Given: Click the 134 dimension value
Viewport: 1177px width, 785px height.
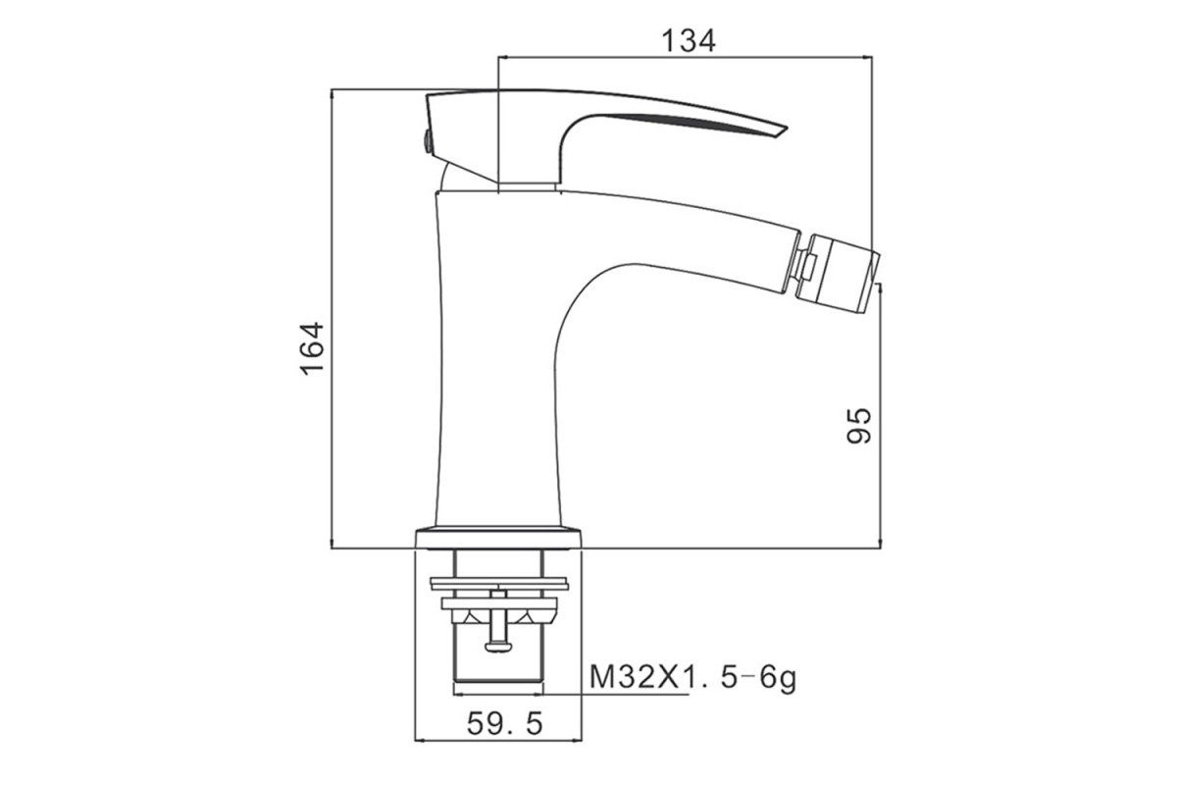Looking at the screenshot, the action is click(689, 41).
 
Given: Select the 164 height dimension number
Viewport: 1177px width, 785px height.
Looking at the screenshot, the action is click(312, 348).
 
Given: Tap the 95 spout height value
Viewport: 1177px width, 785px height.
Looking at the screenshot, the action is click(858, 425).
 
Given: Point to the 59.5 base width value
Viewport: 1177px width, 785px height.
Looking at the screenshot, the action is click(504, 723).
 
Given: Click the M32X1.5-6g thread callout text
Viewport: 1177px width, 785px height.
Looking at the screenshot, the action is click(692, 678).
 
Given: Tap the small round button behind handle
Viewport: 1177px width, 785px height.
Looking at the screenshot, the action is click(428, 142).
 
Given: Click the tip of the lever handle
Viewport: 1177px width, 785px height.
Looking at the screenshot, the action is click(787, 128).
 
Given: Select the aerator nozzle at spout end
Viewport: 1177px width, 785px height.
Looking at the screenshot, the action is click(838, 274).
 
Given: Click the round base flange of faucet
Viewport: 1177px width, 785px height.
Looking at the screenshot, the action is click(498, 538).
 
